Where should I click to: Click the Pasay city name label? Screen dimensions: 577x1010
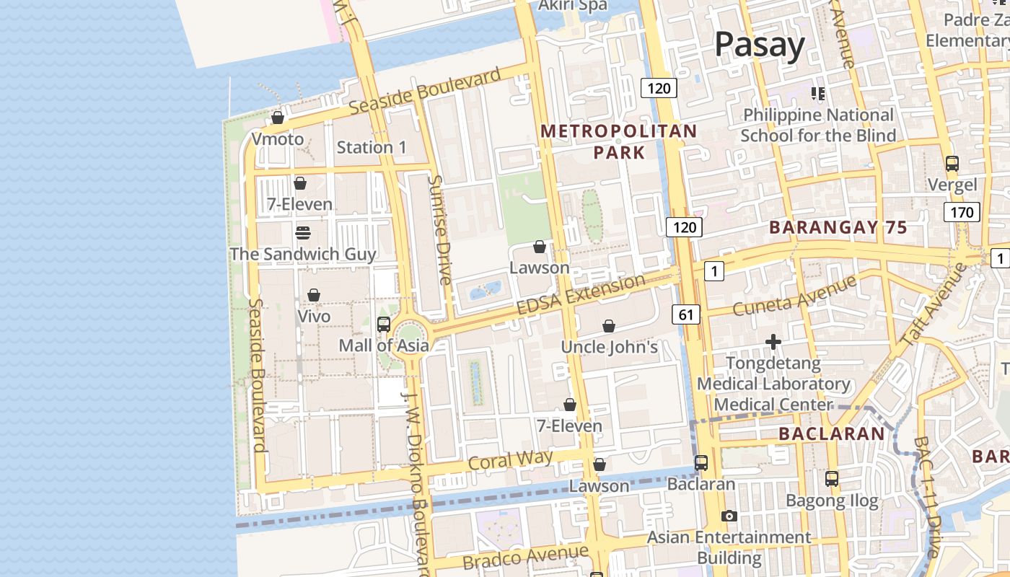[x=759, y=45]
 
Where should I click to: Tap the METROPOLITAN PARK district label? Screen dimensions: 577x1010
[x=619, y=141]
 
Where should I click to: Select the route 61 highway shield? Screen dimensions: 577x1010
[x=686, y=314]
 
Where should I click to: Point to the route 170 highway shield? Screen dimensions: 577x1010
[x=962, y=212]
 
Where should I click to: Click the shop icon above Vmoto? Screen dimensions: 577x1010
[x=278, y=118]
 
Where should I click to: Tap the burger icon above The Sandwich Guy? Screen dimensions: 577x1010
[x=303, y=233]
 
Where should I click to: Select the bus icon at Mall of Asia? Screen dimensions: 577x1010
[x=384, y=325]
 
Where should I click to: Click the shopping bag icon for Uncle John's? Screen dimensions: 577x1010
[x=609, y=326]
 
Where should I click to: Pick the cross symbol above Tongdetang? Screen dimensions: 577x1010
[x=773, y=341]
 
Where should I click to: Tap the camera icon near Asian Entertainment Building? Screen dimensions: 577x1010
[x=729, y=516]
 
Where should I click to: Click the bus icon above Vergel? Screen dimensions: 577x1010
[x=952, y=164]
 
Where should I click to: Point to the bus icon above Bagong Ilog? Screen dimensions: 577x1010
[x=832, y=478]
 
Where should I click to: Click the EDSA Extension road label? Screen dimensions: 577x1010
[x=581, y=295]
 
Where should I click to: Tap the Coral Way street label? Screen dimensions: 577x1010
[x=510, y=460]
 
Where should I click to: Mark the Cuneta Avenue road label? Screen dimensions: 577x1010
[x=794, y=295]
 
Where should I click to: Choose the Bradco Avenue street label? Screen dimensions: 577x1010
[x=526, y=557]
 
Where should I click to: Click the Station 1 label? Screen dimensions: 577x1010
[x=372, y=147]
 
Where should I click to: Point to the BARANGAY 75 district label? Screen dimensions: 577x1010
[x=838, y=227]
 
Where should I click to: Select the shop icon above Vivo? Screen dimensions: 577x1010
[x=314, y=295]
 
